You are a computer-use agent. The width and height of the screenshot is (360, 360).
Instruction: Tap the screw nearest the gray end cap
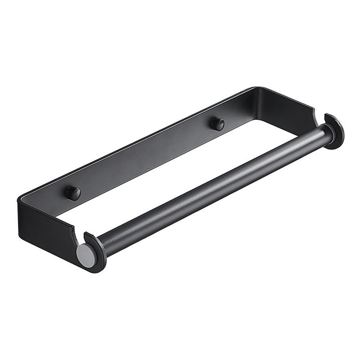[73, 193]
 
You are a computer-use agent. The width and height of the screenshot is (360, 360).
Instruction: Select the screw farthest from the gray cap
[218, 124]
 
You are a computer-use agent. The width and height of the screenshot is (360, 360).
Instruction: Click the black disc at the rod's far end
[334, 131]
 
